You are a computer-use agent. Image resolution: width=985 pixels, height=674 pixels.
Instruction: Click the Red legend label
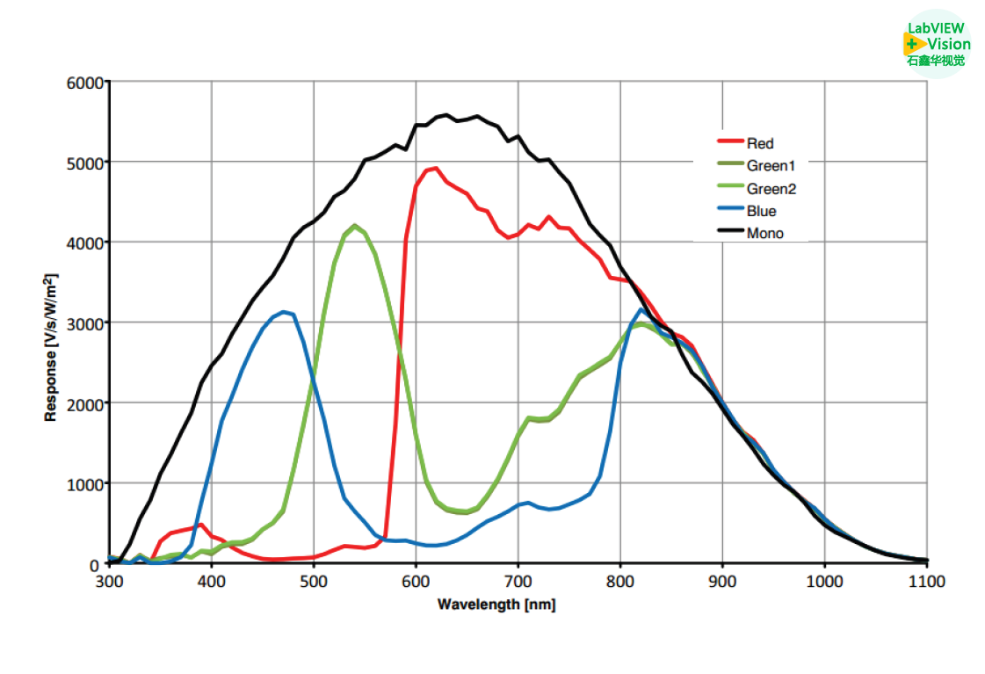760,143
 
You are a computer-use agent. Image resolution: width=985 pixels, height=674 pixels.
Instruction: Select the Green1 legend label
771,165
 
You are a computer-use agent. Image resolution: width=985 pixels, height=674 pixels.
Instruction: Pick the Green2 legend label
771,188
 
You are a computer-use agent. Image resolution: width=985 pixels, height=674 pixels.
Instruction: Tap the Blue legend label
761,211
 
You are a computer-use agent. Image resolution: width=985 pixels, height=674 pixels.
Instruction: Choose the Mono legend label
764,234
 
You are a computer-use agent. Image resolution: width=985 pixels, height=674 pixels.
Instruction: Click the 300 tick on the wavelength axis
109,582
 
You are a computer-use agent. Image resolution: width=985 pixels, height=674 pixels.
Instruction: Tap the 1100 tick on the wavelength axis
926,582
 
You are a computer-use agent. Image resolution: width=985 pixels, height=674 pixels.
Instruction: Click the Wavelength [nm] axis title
496,605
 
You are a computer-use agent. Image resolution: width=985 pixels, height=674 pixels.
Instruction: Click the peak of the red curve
435,168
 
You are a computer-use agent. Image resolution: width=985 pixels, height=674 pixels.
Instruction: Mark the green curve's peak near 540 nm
354,226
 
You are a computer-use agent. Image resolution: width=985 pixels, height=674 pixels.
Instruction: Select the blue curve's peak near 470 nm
284,312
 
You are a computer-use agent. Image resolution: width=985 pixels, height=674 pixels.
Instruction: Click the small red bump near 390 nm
201,525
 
